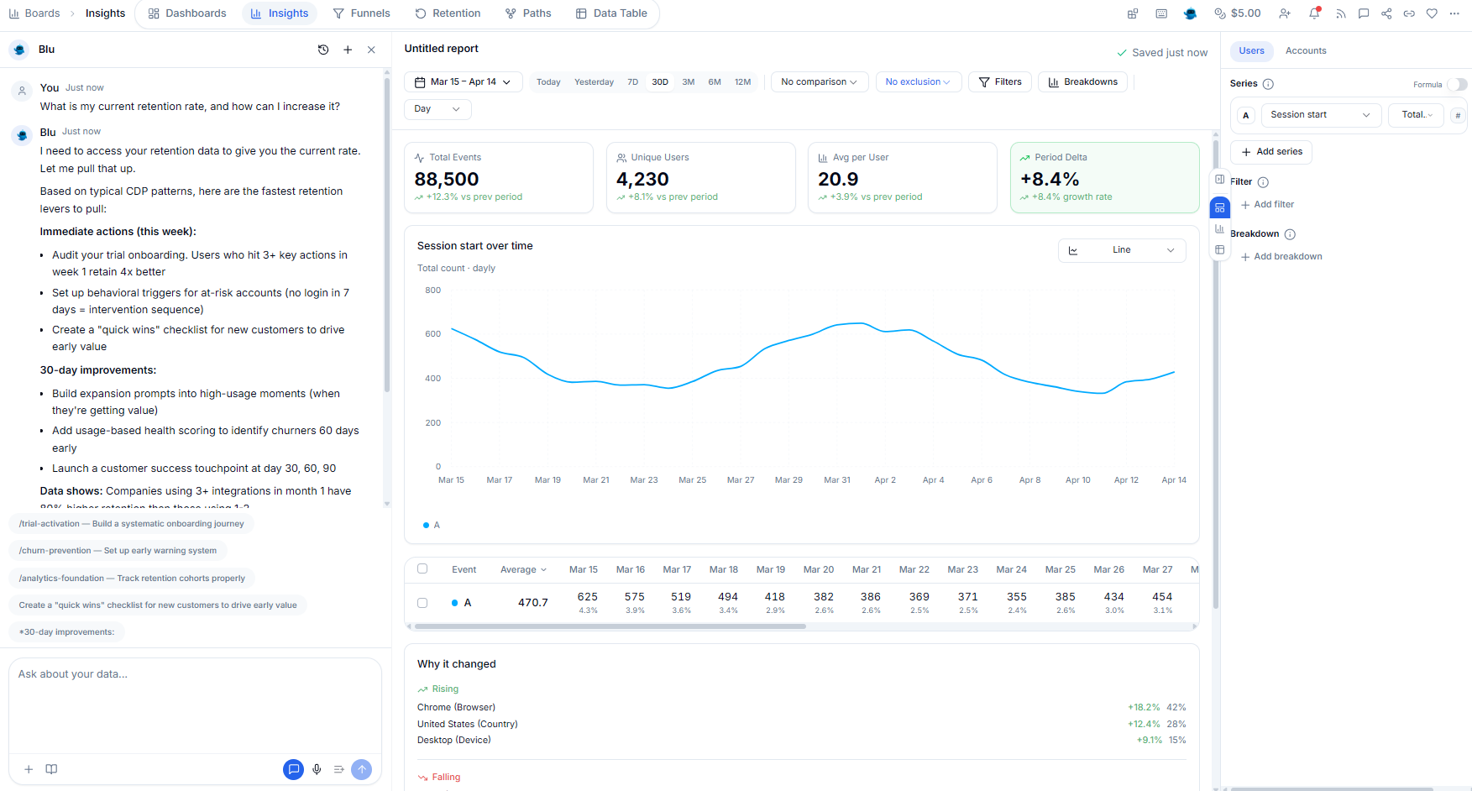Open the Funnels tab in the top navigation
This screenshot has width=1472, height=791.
361,13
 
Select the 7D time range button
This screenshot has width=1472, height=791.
632,82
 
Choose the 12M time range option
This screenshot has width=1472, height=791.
742,82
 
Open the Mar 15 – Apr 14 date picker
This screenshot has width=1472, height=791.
463,82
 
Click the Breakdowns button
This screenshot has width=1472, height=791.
1082,82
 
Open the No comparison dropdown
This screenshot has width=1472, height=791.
819,82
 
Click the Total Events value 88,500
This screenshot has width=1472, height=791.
447,179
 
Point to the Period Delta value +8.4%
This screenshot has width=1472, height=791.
1050,179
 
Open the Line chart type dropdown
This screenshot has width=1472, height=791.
1121,250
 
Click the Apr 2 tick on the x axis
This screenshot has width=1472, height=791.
885,480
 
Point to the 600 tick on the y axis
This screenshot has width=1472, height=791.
432,334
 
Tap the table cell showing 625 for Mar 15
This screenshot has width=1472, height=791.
587,597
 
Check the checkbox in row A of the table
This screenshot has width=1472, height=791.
422,603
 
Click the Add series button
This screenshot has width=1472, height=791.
1270,152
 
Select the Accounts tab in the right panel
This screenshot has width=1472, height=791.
1306,51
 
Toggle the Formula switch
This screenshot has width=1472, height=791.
1457,84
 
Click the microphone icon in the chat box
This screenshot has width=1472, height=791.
317,769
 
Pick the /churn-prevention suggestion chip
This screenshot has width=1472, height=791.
118,551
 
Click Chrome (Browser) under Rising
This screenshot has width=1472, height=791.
456,707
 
